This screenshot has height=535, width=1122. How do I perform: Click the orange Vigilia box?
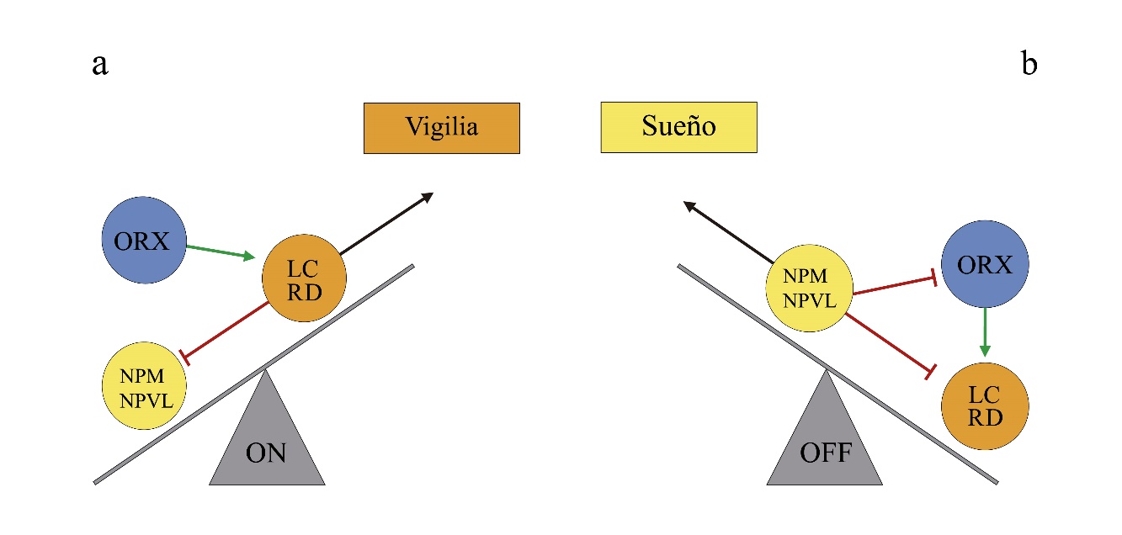click(x=441, y=128)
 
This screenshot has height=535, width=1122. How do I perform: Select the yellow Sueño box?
click(x=678, y=128)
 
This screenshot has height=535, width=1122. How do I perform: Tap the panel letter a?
click(x=100, y=65)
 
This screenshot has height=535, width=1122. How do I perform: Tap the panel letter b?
click(x=1029, y=65)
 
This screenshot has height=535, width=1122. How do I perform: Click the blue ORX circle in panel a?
click(x=142, y=241)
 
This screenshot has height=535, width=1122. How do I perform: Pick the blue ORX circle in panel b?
click(x=985, y=265)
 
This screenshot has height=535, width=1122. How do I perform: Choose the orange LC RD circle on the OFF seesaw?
click(x=985, y=405)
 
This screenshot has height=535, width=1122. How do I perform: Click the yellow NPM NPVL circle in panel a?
click(x=143, y=386)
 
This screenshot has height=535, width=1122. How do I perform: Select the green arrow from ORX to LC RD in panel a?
click(x=220, y=252)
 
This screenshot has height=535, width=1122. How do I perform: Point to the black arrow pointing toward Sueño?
click(x=729, y=230)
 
